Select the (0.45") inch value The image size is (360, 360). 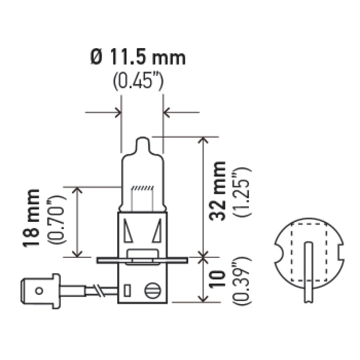[x=138, y=82]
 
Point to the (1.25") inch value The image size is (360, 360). [x=241, y=191]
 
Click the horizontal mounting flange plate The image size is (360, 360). [x=142, y=260]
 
